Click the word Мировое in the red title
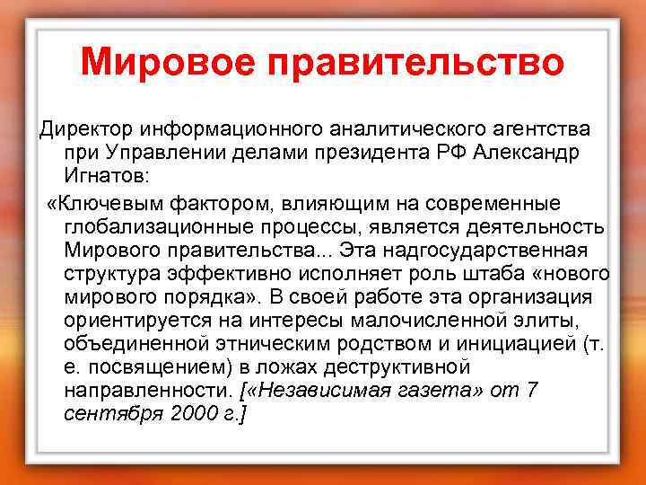tap(170, 63)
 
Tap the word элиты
tap(550, 321)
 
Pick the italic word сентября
tap(106, 416)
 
